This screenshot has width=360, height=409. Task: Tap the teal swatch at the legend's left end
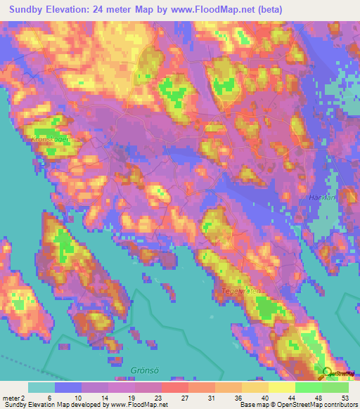click(41, 387)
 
